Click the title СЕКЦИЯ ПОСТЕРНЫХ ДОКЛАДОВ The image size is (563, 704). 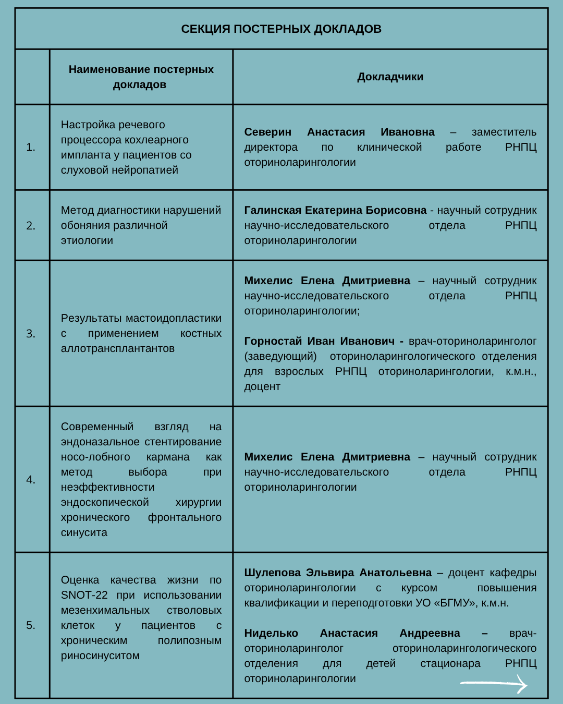coord(281,29)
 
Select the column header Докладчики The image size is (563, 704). coord(390,77)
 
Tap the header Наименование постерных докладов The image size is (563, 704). coord(141,77)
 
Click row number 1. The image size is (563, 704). coord(31,148)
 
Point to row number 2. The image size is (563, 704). coord(31,226)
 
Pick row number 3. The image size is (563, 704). coord(31,334)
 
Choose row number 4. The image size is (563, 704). coord(31,480)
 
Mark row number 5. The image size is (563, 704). coord(31,625)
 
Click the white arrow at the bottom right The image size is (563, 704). coord(494,683)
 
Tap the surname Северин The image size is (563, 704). coord(268,132)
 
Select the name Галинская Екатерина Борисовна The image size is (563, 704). coord(335,210)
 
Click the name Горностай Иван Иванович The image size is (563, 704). coord(319,341)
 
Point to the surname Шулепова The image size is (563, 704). coord(273,573)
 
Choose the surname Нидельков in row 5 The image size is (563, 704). coord(271,633)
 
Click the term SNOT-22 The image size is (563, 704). coord(84,595)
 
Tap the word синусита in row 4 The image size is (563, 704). coord(84,532)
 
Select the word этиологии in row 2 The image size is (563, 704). coord(87,240)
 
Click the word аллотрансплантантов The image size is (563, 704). coord(118,348)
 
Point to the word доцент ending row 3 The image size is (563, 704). coord(262,386)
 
